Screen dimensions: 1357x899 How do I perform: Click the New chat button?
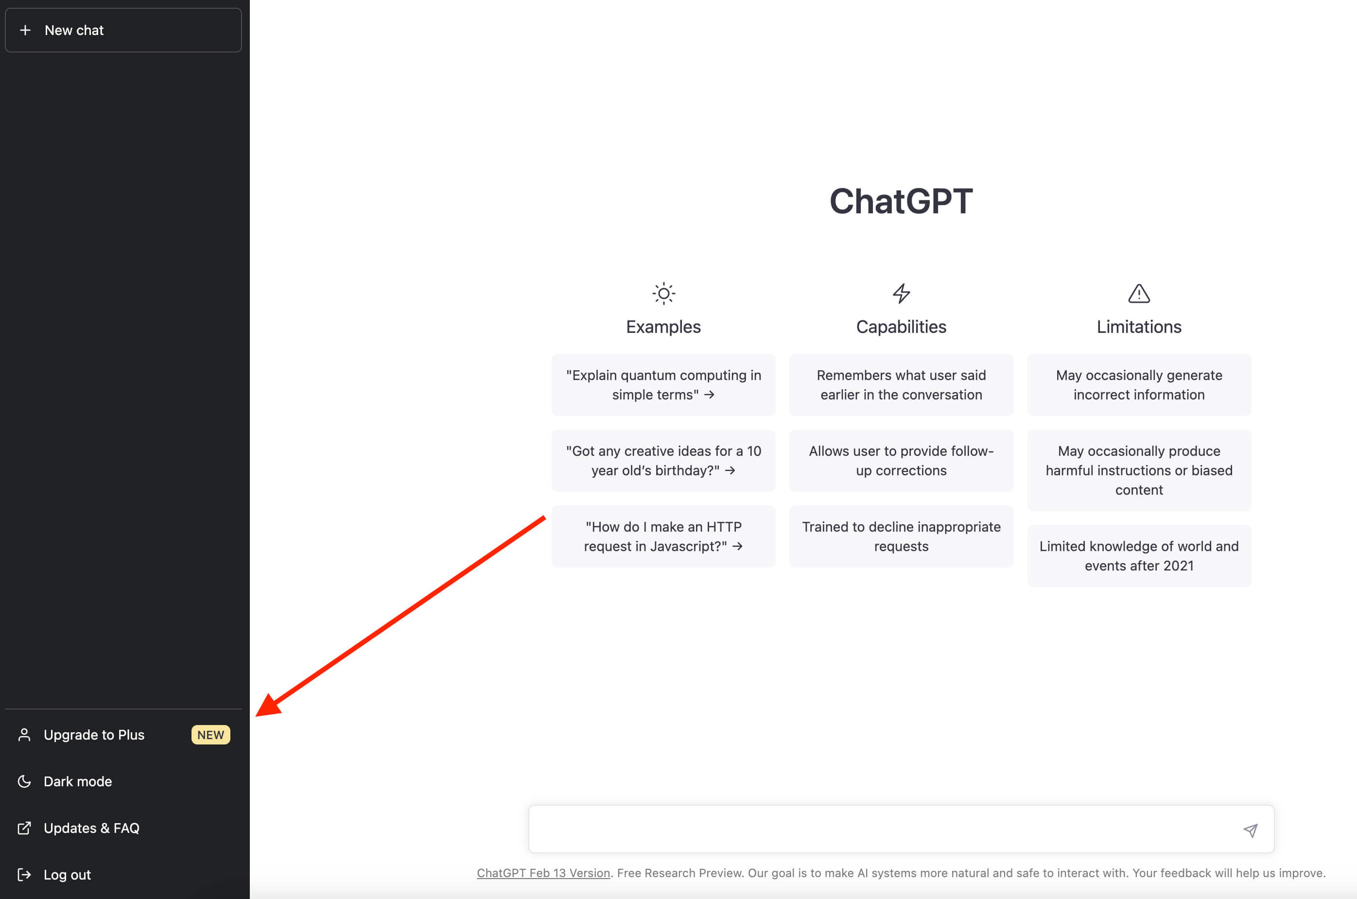point(123,31)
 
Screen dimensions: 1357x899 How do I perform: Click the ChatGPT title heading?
point(901,201)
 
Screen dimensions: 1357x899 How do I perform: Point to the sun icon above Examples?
point(663,294)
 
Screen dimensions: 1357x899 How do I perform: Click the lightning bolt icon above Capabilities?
point(901,294)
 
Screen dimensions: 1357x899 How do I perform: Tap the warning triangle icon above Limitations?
point(1139,294)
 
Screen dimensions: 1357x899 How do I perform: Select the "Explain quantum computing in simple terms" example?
point(663,385)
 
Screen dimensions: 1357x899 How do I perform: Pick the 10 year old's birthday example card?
point(663,460)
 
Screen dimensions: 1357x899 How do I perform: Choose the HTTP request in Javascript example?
point(663,536)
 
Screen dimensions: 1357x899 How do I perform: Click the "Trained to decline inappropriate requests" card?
point(901,536)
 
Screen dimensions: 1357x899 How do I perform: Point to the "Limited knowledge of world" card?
point(1139,555)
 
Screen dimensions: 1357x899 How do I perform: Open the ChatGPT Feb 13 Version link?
point(543,873)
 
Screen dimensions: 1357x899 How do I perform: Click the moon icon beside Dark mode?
point(24,781)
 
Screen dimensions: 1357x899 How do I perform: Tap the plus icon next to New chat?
point(25,31)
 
